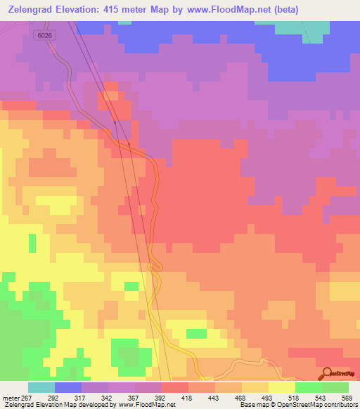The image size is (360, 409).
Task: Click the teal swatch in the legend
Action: [x=41, y=387]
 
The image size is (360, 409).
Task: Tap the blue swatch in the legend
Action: [x=68, y=387]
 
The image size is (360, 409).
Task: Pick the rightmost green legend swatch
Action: [x=335, y=387]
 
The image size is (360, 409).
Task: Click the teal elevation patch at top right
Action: [x=302, y=28]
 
